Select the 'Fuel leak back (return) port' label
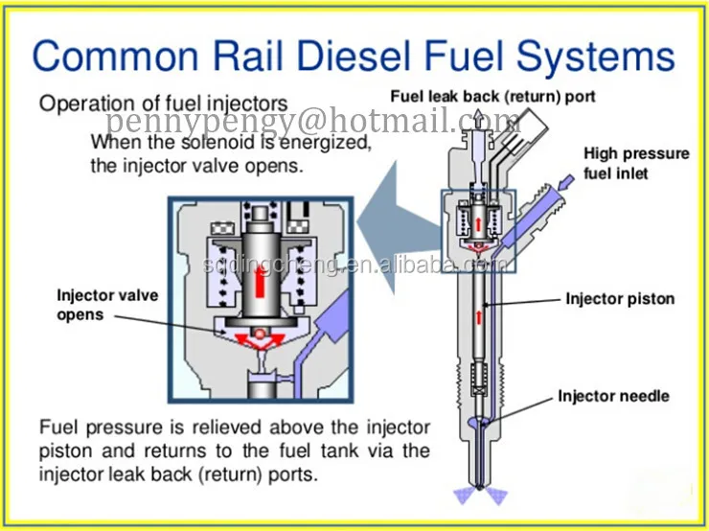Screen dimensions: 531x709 click(492, 97)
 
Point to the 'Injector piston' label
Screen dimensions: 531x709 click(620, 299)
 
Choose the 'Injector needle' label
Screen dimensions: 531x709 click(613, 396)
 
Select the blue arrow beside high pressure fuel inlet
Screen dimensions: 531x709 click(568, 178)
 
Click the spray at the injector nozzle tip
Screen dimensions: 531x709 click(479, 493)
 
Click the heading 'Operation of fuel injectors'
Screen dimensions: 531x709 click(163, 104)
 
